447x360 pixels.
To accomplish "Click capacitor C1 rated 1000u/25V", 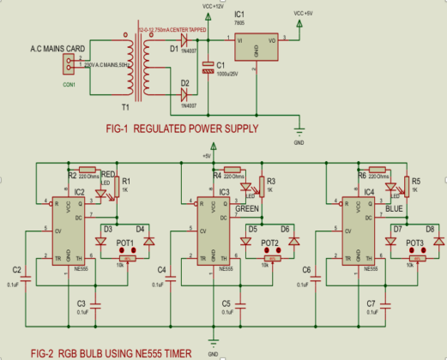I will [207, 69].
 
